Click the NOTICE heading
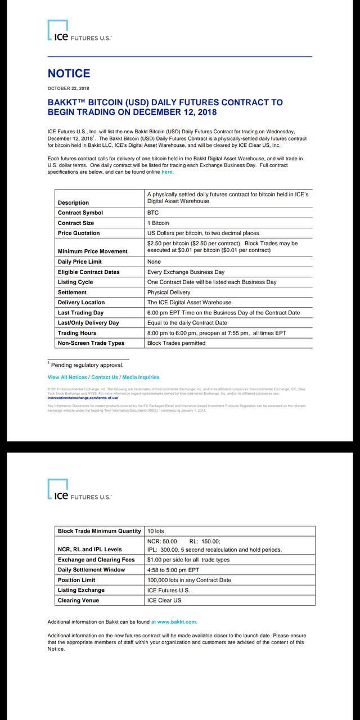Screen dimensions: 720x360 coord(69,74)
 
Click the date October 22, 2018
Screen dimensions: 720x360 coord(68,88)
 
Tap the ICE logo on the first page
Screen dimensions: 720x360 coord(79,32)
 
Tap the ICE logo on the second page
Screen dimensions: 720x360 coord(79,491)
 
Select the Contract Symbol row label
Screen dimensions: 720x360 coord(80,213)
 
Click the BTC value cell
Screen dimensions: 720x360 coord(153,213)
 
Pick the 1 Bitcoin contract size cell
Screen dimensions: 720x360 coord(158,223)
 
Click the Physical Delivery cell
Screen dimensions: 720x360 coord(169,292)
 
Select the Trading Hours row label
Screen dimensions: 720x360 coord(77,334)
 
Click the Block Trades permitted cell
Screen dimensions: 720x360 coord(176,343)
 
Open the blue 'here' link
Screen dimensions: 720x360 coord(167,172)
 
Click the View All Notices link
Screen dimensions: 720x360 coord(67,377)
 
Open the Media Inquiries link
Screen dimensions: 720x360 coord(141,377)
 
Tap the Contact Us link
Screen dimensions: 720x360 coord(105,377)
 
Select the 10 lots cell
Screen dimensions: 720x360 coord(156,532)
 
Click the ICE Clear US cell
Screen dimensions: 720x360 coord(164,601)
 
